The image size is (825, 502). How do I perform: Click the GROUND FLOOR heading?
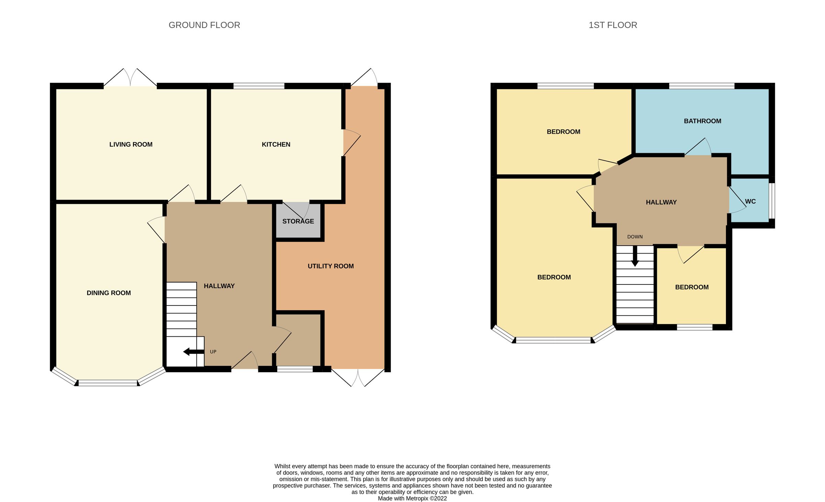coord(204,25)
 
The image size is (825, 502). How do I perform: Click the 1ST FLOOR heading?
coord(613,25)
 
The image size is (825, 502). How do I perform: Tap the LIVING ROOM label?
coord(131,145)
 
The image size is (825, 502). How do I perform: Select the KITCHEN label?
coord(276,145)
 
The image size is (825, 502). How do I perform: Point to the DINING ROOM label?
coord(109,293)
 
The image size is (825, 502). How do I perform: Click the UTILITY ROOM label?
coord(331,266)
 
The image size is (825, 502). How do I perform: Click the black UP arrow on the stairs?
coord(194,352)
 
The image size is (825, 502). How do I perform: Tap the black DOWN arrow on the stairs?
coord(635,256)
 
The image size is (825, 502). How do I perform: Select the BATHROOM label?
coord(703,121)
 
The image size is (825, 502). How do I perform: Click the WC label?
coord(750,202)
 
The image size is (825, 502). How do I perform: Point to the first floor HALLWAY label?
coord(661,203)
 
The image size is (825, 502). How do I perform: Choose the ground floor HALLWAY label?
coord(219,286)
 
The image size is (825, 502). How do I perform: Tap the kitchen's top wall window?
coord(259,86)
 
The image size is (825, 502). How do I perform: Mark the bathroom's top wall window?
coord(702,86)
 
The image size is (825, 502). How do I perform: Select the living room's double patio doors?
coord(130,77)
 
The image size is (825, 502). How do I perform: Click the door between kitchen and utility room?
coord(351,143)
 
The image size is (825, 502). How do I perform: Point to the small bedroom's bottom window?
coord(695,327)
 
